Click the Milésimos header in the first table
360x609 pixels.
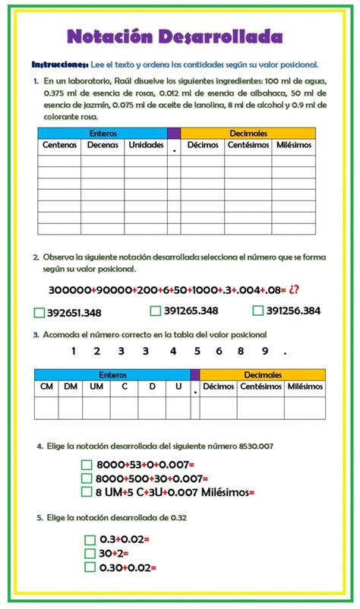[292, 144]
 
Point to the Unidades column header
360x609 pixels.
[145, 144]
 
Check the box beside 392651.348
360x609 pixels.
[39, 312]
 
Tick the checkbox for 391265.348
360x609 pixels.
[155, 310]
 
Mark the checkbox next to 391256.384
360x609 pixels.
[258, 310]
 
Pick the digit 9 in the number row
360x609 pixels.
[264, 351]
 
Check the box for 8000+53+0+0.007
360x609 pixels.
[86, 465]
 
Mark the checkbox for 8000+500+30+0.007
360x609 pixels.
[86, 478]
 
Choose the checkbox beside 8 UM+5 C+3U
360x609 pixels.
[86, 491]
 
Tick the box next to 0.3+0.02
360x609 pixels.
[90, 540]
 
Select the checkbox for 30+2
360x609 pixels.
[90, 553]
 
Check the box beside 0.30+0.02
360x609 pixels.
[90, 566]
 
